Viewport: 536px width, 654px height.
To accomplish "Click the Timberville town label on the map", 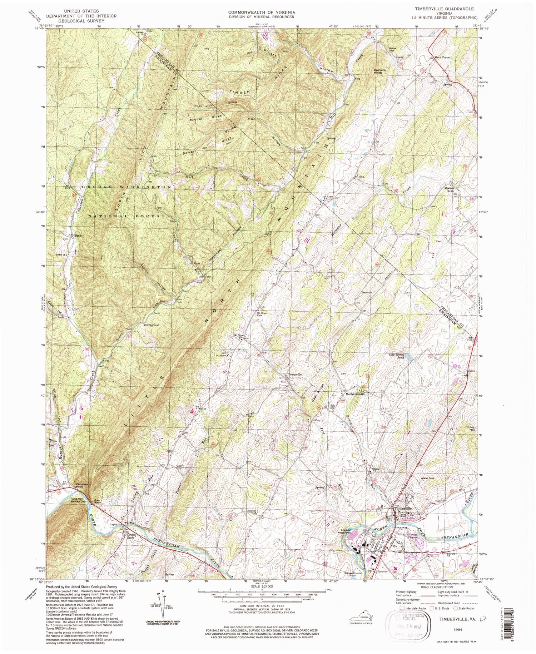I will (403, 508).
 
